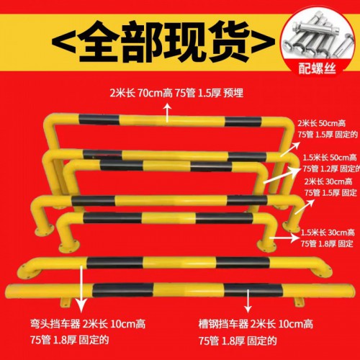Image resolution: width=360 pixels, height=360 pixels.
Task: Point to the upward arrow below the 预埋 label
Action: tap(168, 110)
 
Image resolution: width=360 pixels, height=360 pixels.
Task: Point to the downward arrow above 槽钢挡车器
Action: tap(248, 300)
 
